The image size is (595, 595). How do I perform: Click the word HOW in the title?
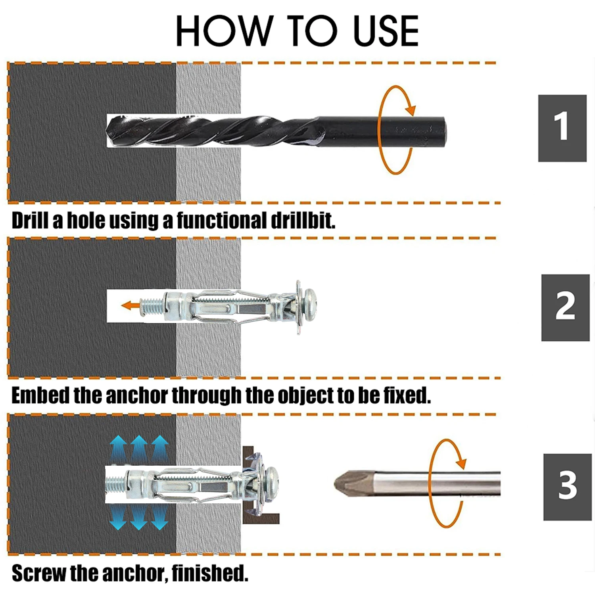pos(224,31)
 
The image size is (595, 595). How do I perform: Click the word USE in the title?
pos(386,31)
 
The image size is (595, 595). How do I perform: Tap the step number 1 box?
pos(562,128)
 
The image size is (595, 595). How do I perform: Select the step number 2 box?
pos(565,307)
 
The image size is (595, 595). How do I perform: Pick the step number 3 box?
pos(567,487)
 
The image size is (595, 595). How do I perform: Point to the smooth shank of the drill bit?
pos(381,131)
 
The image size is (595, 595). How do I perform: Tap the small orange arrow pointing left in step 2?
pos(131,305)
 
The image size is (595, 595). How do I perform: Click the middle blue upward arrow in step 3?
pos(139,448)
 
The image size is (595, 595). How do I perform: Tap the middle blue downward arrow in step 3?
pos(139,517)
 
